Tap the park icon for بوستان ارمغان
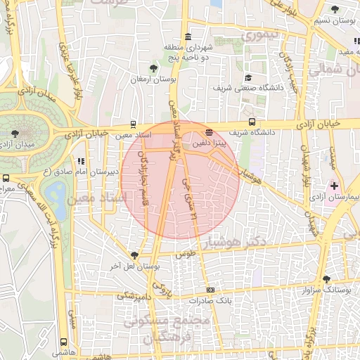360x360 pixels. point(153,67)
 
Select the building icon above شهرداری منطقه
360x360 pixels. point(187,37)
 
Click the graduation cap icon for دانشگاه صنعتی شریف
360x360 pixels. point(248,78)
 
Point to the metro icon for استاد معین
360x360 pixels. point(133,123)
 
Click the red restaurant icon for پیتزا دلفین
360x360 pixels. point(208,131)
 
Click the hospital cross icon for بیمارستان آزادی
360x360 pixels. point(334,186)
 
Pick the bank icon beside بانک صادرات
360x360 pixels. point(210,290)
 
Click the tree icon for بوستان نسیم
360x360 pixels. point(334,11)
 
